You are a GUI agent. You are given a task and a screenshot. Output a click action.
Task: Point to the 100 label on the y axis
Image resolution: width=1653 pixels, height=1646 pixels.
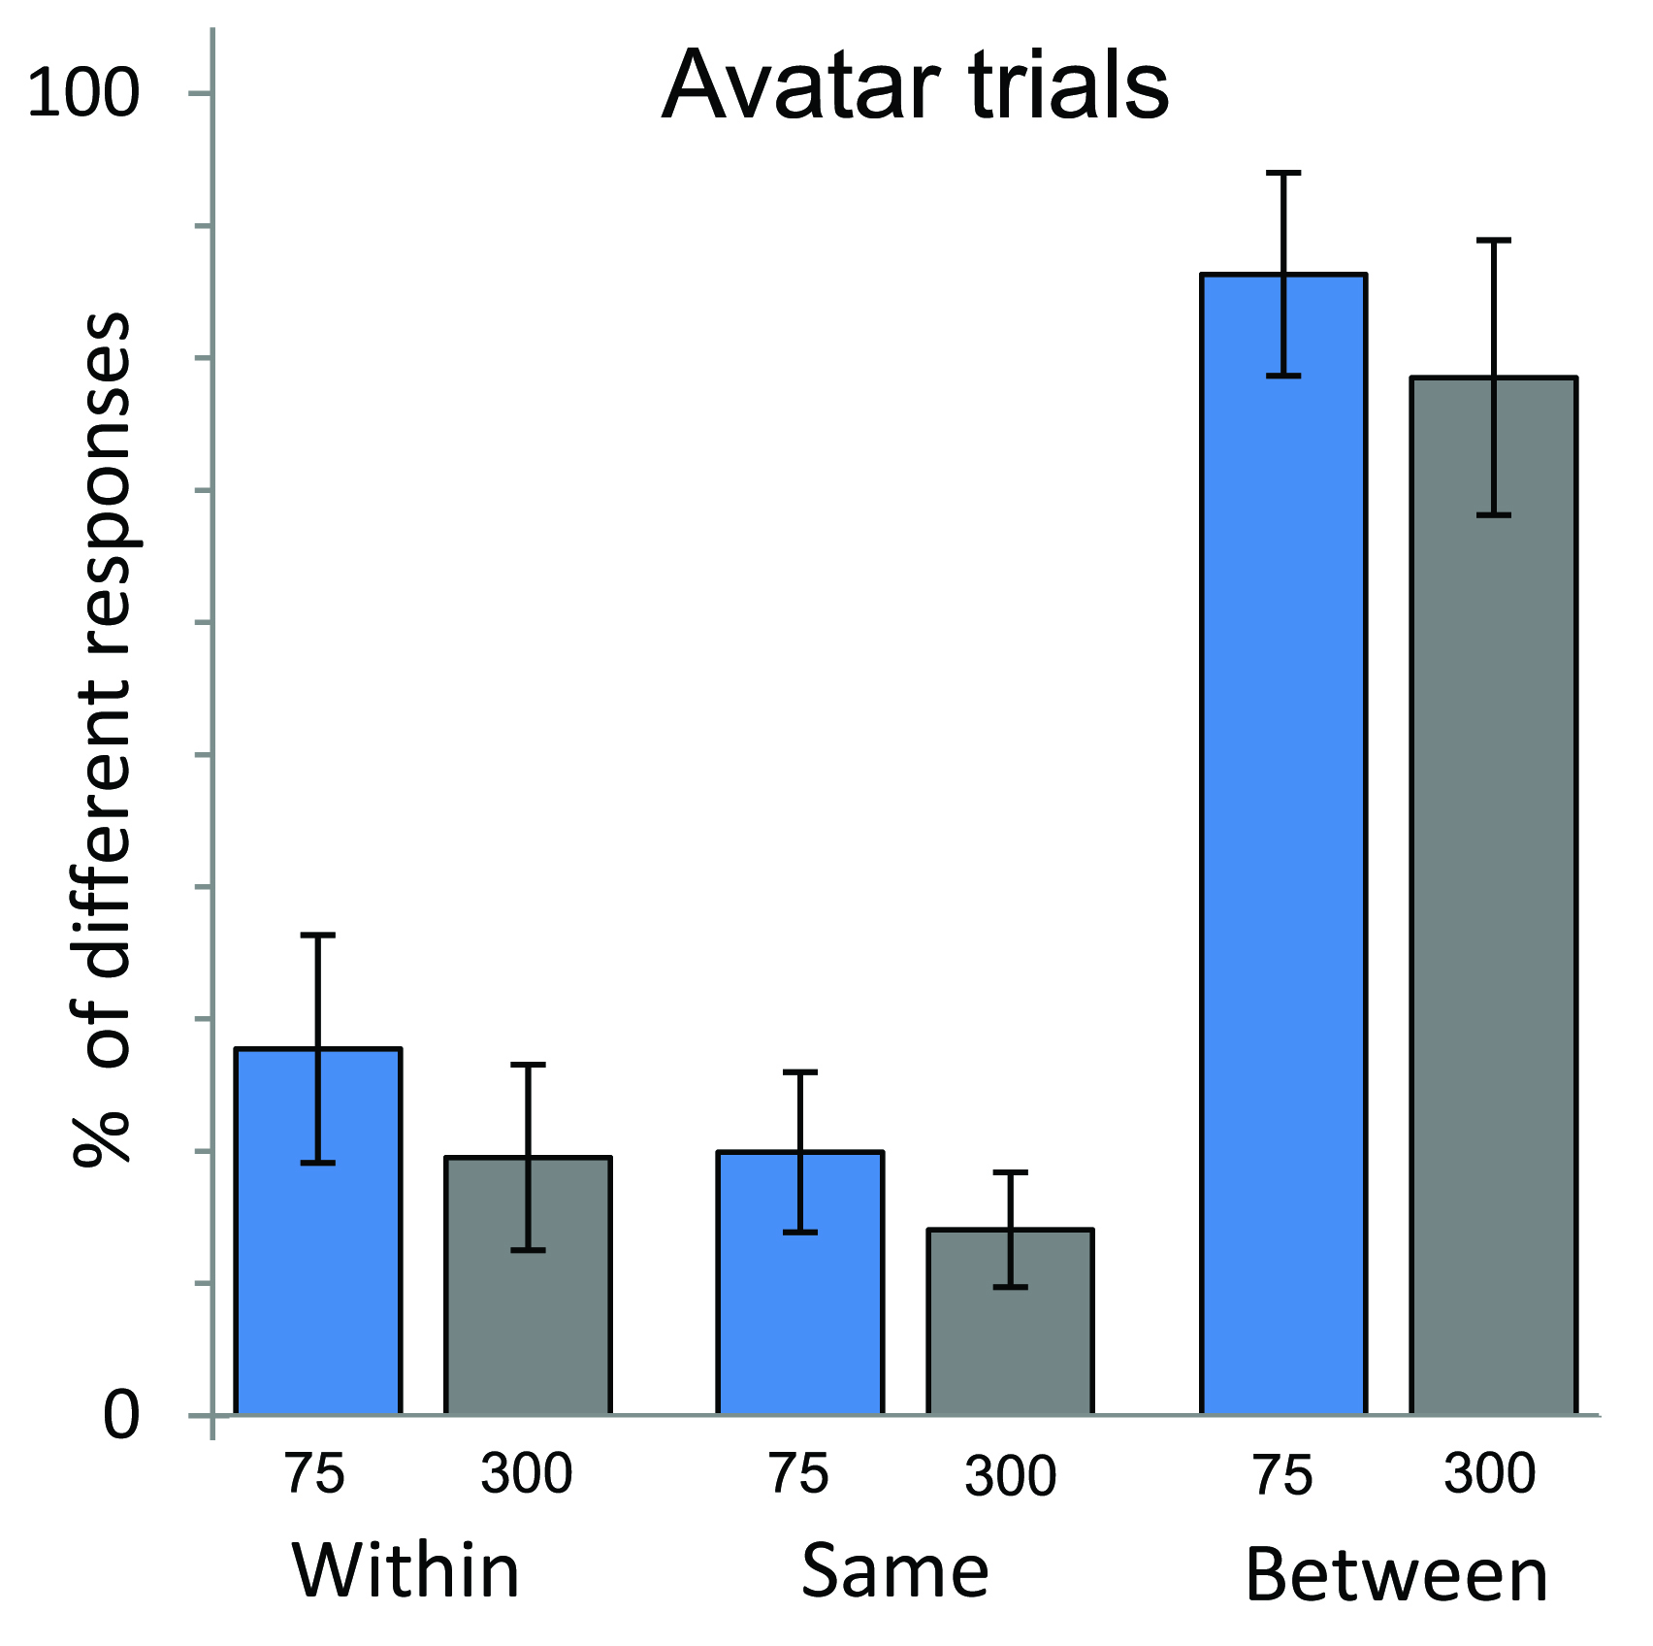[x=84, y=94]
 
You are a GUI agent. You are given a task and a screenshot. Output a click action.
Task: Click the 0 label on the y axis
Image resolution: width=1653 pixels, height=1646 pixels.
[x=121, y=1415]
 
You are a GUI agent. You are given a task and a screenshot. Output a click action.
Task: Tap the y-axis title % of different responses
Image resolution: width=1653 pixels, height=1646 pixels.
[x=102, y=738]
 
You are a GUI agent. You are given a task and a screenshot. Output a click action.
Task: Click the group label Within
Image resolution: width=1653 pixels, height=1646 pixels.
[x=406, y=1570]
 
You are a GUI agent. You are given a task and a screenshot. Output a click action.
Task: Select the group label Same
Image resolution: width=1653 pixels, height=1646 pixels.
[x=894, y=1570]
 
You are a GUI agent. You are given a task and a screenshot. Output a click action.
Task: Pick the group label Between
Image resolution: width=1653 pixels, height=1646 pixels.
[x=1396, y=1575]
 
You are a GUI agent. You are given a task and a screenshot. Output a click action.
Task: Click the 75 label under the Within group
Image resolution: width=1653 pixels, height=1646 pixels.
[x=314, y=1473]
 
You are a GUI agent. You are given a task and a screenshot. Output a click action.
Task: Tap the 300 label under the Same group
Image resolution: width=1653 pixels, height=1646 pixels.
[x=1010, y=1475]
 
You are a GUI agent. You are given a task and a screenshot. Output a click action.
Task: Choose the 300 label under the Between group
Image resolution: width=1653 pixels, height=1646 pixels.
[x=1490, y=1472]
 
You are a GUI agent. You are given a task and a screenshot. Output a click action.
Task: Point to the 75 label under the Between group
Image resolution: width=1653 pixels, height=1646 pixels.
[x=1282, y=1475]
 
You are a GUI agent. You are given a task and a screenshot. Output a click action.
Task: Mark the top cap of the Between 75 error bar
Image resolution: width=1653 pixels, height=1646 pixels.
[x=1283, y=173]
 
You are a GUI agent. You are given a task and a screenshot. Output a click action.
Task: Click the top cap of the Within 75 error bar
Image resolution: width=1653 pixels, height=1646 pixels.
[x=318, y=935]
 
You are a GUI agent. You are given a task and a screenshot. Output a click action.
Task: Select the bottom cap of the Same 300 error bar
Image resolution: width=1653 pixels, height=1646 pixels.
[x=1010, y=1287]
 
